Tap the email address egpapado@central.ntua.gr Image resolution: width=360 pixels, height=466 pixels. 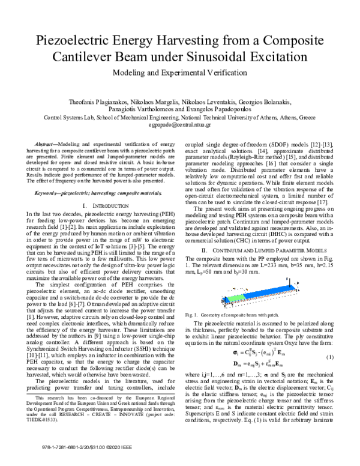tap(180, 126)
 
